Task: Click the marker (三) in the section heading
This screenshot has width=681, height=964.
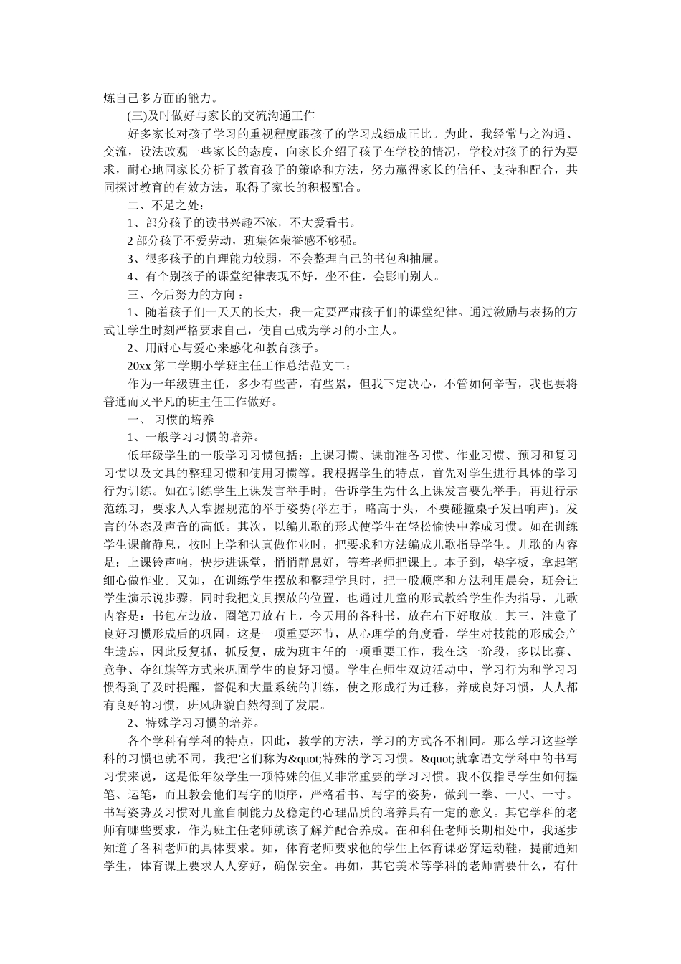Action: point(135,115)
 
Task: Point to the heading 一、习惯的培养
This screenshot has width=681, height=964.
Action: point(169,420)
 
